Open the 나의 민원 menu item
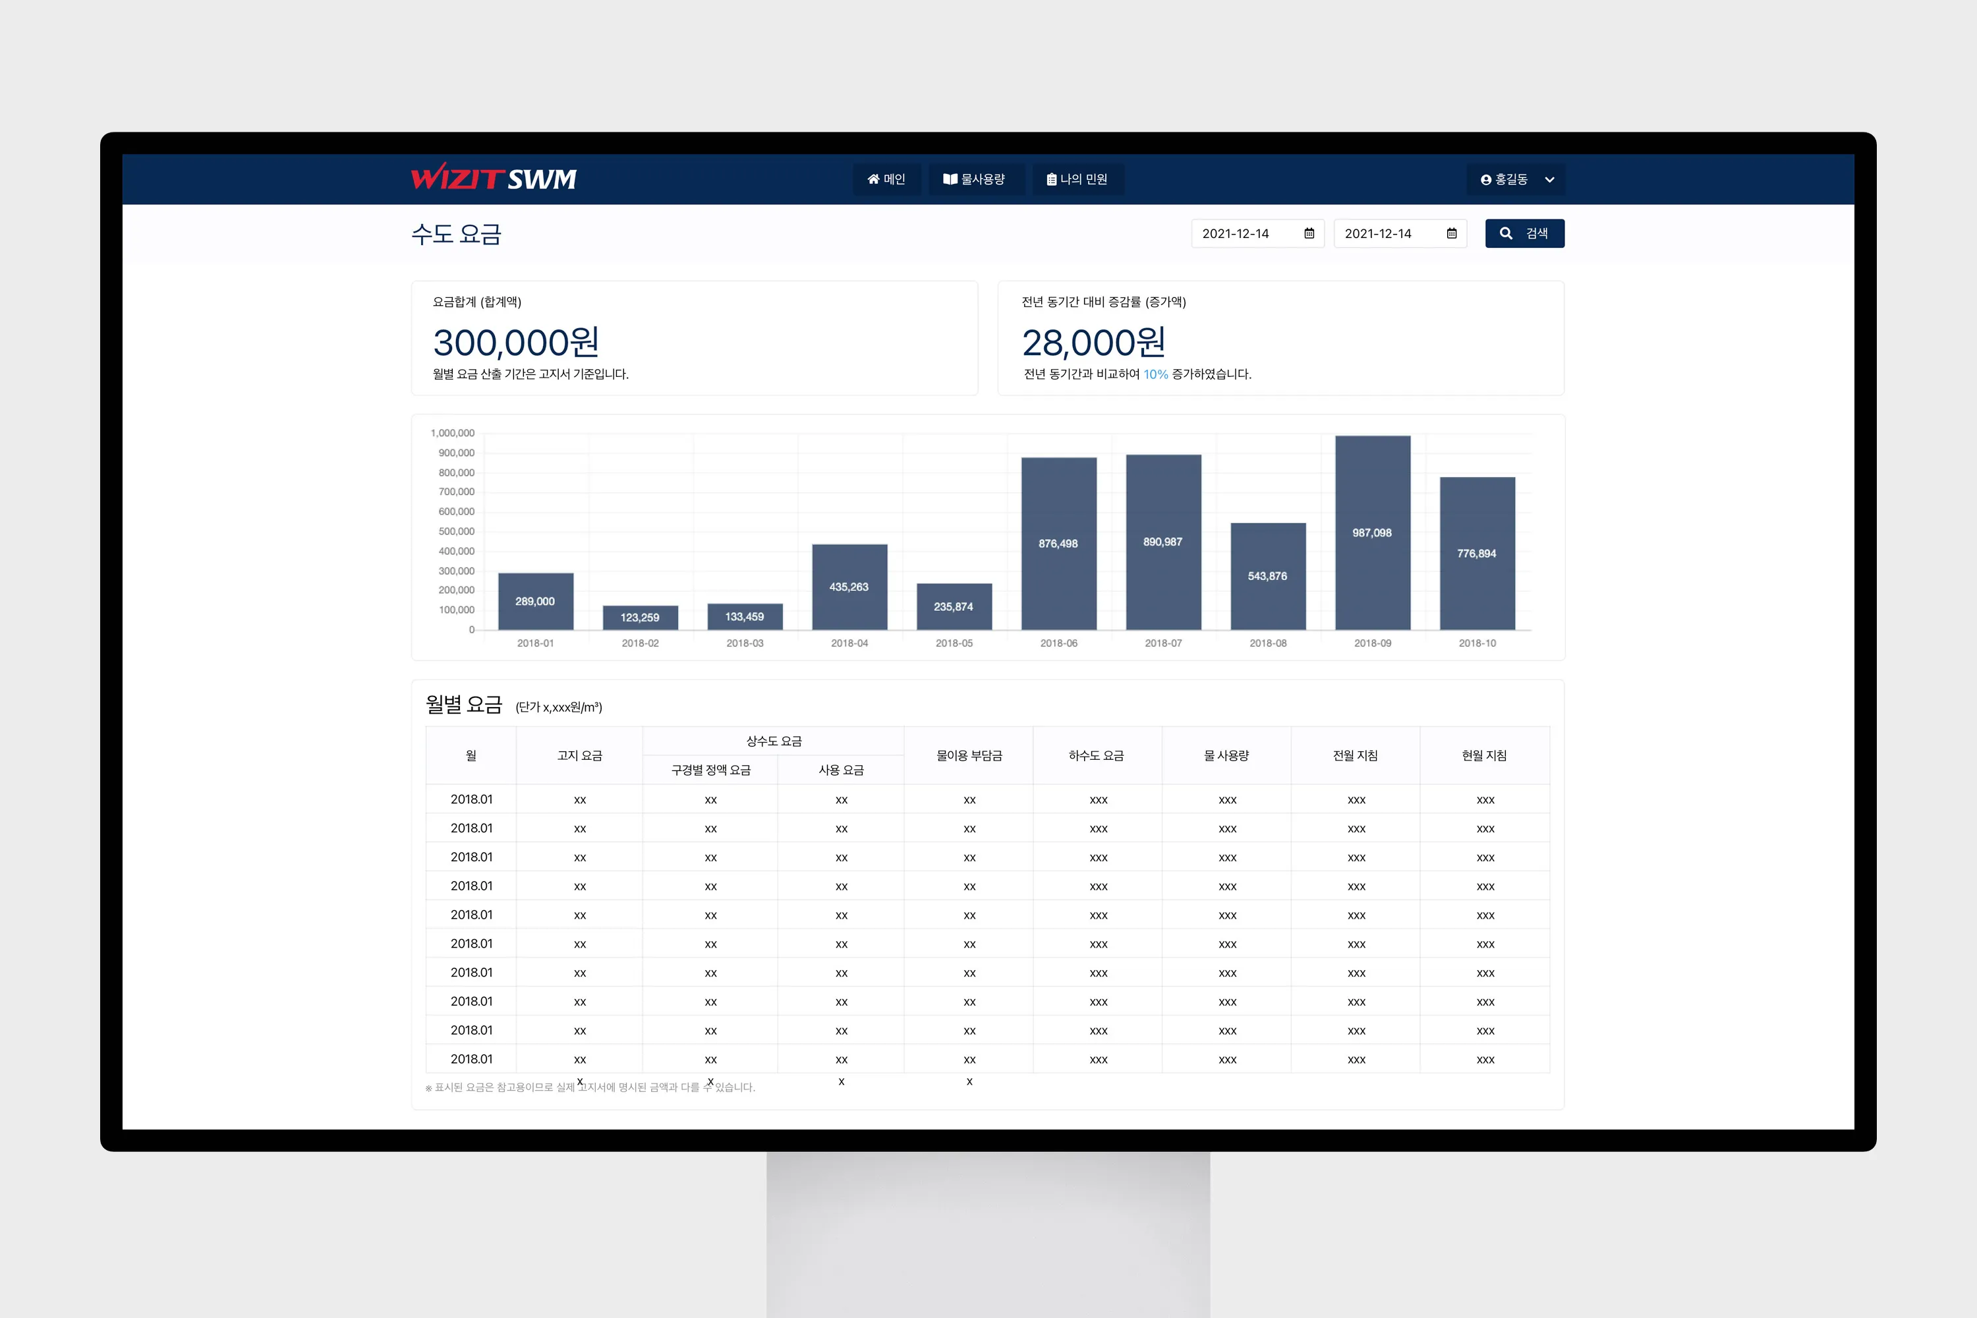point(1077,179)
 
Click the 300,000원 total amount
point(516,343)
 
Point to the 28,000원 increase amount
point(1093,343)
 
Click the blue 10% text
point(1155,375)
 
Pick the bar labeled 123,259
point(641,617)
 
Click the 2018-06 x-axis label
point(1058,643)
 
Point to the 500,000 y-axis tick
point(457,531)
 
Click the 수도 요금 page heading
point(457,234)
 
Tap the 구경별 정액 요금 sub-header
point(710,770)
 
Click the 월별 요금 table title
point(464,704)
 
